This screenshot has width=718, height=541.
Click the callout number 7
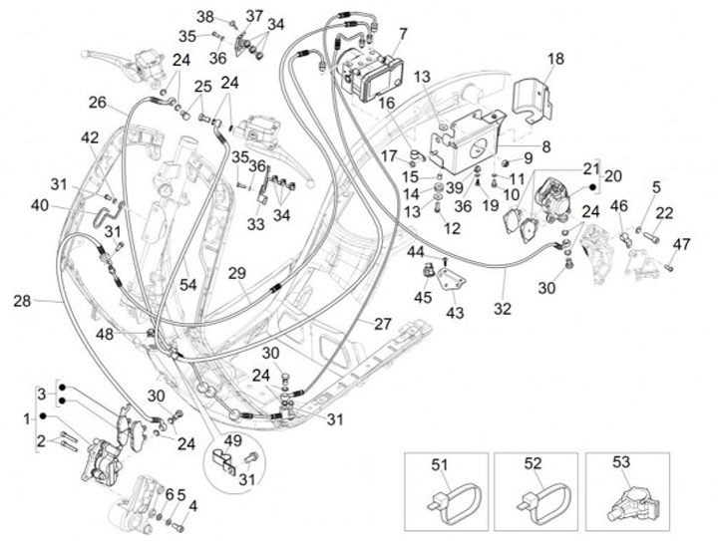402,34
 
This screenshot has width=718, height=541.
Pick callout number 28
22,300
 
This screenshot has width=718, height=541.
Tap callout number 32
502,309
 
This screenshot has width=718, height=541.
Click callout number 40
39,206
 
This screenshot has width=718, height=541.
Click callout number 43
455,313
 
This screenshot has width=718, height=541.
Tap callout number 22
664,211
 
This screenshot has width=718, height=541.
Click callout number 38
205,16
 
